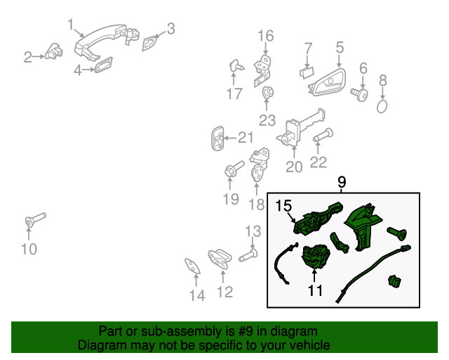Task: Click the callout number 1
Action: (71, 25)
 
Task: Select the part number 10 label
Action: (29, 249)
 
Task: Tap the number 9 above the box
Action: (342, 183)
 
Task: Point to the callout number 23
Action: (267, 120)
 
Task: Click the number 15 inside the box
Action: (283, 206)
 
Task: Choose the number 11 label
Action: (315, 289)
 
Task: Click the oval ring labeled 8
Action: (382, 106)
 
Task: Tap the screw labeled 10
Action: (33, 221)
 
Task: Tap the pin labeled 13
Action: (248, 256)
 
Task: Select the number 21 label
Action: (245, 137)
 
